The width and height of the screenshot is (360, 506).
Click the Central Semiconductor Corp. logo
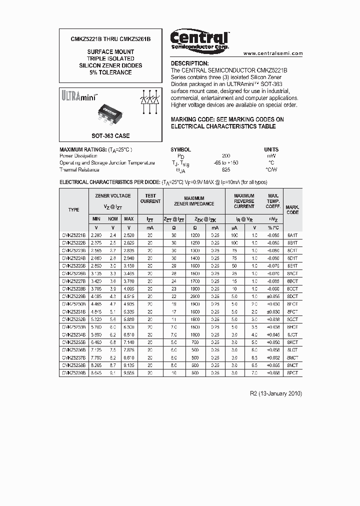click(x=199, y=39)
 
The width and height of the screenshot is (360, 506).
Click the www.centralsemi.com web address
click(x=273, y=53)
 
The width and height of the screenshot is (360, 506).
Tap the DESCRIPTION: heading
click(x=190, y=63)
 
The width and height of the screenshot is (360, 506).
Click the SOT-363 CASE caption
click(x=110, y=136)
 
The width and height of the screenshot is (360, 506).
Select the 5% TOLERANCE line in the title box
click(x=110, y=72)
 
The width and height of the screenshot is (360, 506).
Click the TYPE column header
click(x=73, y=209)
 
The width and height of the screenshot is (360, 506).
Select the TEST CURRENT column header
click(x=150, y=198)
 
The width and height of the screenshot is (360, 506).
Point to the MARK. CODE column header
click(x=292, y=209)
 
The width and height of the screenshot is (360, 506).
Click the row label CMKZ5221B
click(x=73, y=234)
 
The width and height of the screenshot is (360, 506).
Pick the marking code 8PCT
click(x=292, y=372)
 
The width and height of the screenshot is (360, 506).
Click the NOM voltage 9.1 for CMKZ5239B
click(x=113, y=372)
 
